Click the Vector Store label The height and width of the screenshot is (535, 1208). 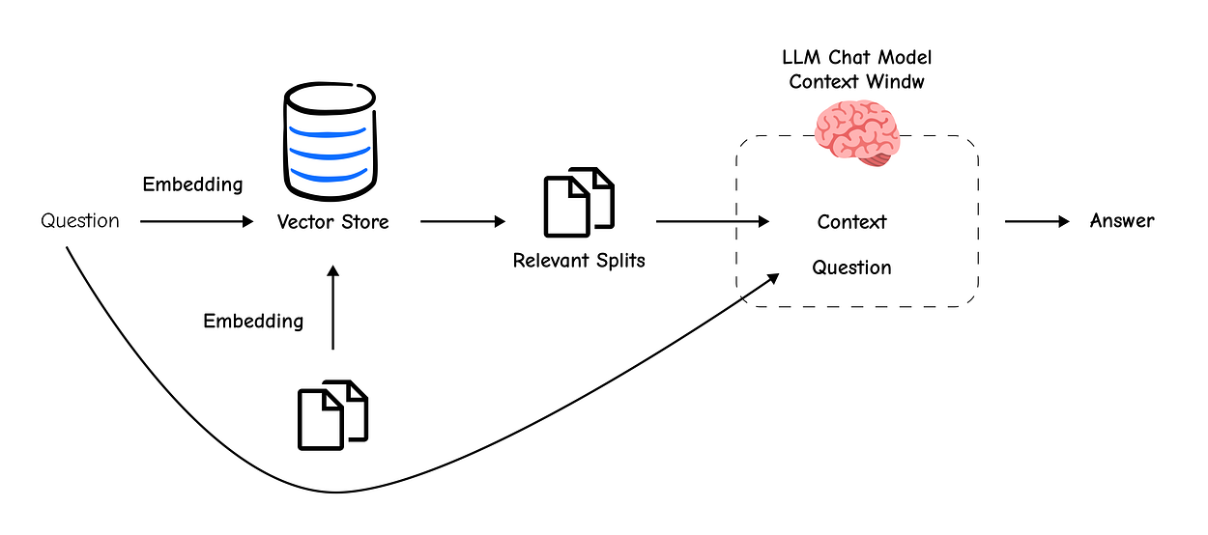tap(332, 222)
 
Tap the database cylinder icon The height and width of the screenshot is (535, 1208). tap(331, 141)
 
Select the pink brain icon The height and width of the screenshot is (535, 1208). tap(857, 132)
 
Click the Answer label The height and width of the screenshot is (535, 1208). tap(1122, 220)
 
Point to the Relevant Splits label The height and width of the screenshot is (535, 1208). tap(579, 261)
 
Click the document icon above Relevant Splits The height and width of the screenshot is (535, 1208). tap(579, 202)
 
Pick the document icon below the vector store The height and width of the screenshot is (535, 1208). tap(332, 415)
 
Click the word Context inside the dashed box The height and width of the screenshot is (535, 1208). tap(851, 222)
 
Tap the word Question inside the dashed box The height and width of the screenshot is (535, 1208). tap(851, 267)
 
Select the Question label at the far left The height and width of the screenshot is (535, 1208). tap(80, 221)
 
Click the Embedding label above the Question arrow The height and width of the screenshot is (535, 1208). tap(192, 184)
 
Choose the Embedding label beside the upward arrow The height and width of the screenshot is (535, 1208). tap(253, 322)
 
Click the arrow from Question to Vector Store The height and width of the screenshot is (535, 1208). tap(196, 221)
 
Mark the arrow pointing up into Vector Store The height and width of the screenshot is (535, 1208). tap(332, 308)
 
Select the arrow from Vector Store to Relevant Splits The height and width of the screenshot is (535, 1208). tap(463, 221)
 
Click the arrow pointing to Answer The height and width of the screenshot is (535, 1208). tap(1037, 221)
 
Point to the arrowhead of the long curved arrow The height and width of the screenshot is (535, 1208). tap(774, 278)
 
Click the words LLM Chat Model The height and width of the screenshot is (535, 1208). tap(857, 57)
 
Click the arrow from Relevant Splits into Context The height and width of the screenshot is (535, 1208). tap(712, 221)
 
